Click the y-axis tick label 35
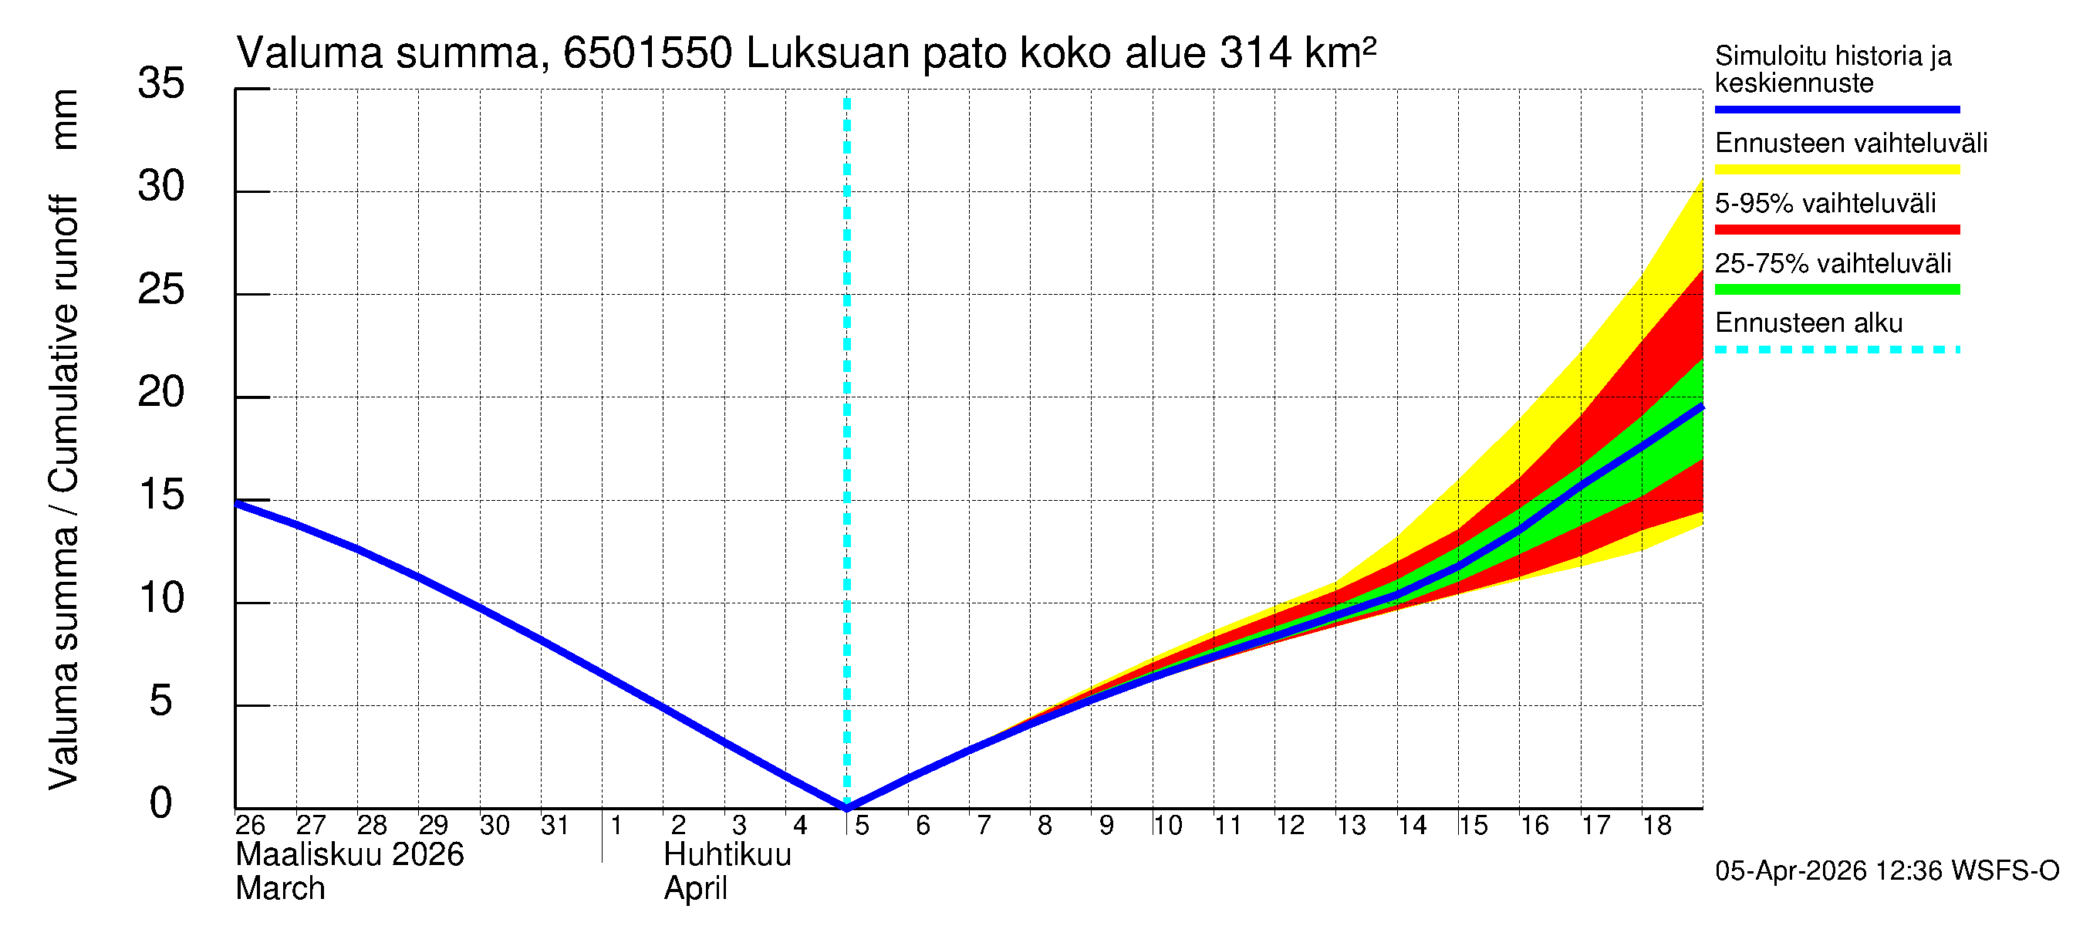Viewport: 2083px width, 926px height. [x=161, y=83]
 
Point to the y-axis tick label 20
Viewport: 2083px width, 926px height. [x=161, y=393]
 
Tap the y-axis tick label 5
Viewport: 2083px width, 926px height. [x=161, y=701]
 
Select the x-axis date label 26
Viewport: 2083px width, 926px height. [x=250, y=825]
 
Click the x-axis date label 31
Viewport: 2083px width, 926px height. [x=555, y=825]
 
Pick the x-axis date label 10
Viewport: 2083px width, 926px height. [x=1166, y=825]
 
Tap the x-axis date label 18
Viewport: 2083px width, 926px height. [x=1656, y=825]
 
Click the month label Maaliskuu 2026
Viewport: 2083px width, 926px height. [x=349, y=855]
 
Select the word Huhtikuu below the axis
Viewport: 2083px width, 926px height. [x=727, y=855]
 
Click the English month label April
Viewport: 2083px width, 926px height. [x=695, y=889]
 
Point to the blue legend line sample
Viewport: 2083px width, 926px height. [x=1836, y=109]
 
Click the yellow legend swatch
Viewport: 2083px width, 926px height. [x=1836, y=170]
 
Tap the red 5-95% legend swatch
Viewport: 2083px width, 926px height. [x=1836, y=230]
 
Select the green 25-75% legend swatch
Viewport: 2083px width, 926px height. [x=1836, y=289]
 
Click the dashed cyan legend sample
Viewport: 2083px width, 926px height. [x=1836, y=350]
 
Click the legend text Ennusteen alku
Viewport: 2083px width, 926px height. [x=1808, y=323]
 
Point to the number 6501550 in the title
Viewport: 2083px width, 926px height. [x=647, y=53]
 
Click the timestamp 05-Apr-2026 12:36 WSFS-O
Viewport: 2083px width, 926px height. [x=1886, y=871]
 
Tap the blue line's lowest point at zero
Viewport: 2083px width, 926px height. [x=846, y=806]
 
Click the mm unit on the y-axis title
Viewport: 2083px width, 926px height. [x=65, y=120]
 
